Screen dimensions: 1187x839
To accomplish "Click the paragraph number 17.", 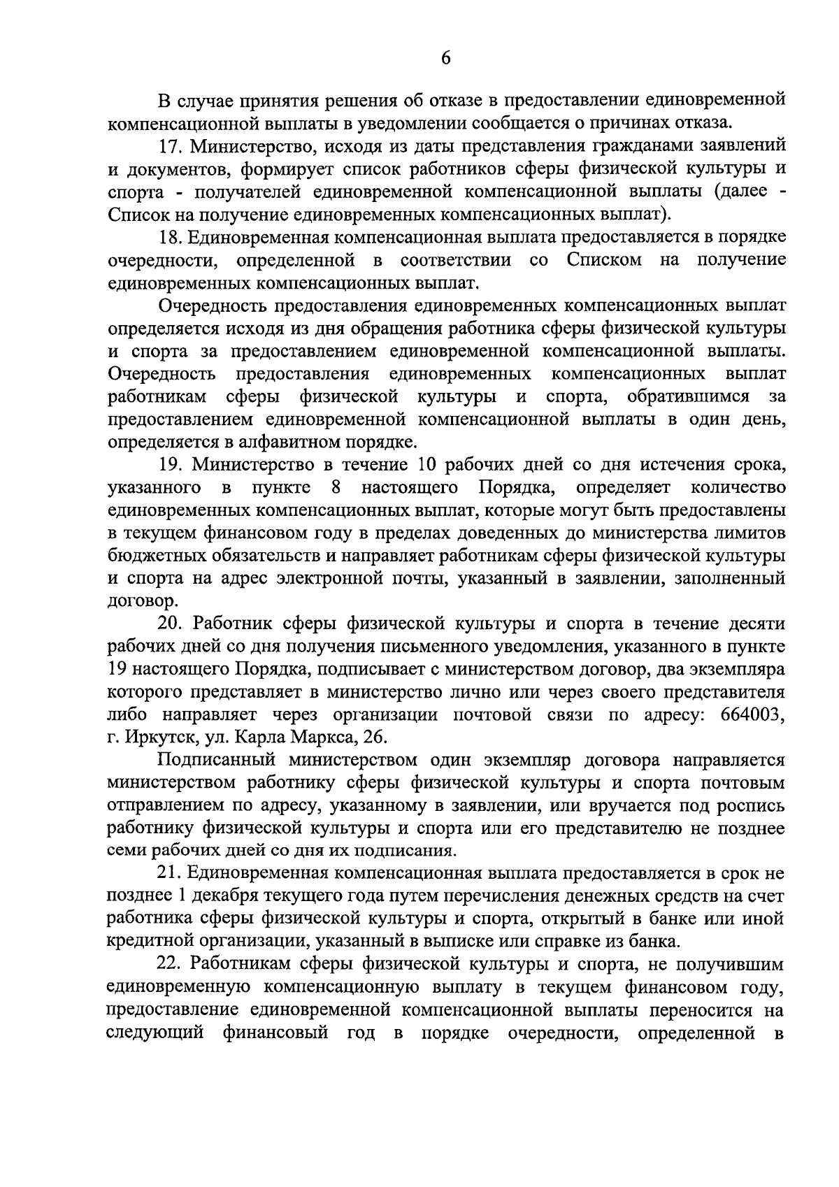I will coord(170,146).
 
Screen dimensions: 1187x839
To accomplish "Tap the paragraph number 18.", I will coord(170,238).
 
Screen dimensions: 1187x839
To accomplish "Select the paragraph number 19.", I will coord(170,465).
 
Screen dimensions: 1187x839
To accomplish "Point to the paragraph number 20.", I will coord(170,624).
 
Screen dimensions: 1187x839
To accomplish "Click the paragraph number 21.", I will coord(170,873).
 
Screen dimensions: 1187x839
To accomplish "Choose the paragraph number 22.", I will coord(170,965).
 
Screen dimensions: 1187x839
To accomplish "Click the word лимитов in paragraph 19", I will coord(752,533).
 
